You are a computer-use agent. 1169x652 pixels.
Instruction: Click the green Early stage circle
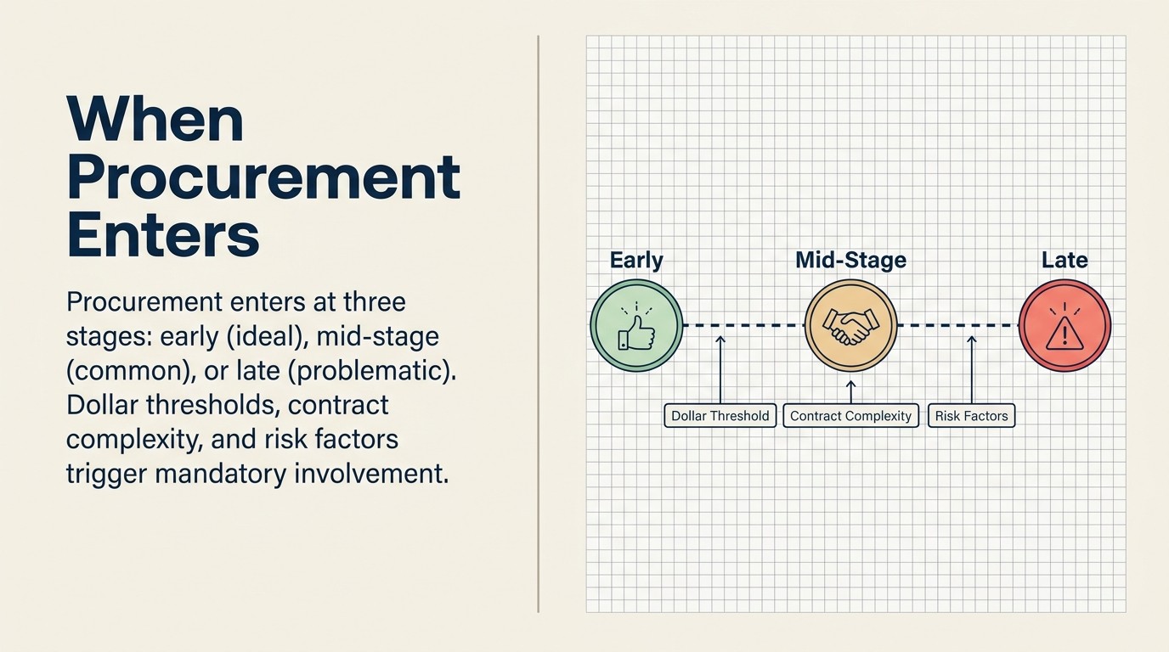(x=636, y=326)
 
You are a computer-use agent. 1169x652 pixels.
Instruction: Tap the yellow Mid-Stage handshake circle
(x=850, y=326)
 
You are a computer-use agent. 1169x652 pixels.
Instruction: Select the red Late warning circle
(x=1065, y=326)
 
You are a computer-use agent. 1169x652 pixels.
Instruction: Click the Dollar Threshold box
(x=720, y=416)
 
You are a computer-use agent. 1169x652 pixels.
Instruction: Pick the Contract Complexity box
(x=850, y=416)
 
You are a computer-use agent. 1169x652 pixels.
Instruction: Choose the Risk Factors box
(x=971, y=416)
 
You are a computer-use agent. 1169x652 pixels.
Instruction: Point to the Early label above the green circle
(x=636, y=261)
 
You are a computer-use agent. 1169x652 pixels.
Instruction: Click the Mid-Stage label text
(x=850, y=261)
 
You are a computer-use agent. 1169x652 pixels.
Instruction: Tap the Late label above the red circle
(x=1065, y=261)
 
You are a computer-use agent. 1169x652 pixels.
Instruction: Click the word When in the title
(x=155, y=120)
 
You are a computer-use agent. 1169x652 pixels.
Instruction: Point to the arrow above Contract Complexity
(x=850, y=390)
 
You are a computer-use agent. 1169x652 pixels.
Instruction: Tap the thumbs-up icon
(x=636, y=328)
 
